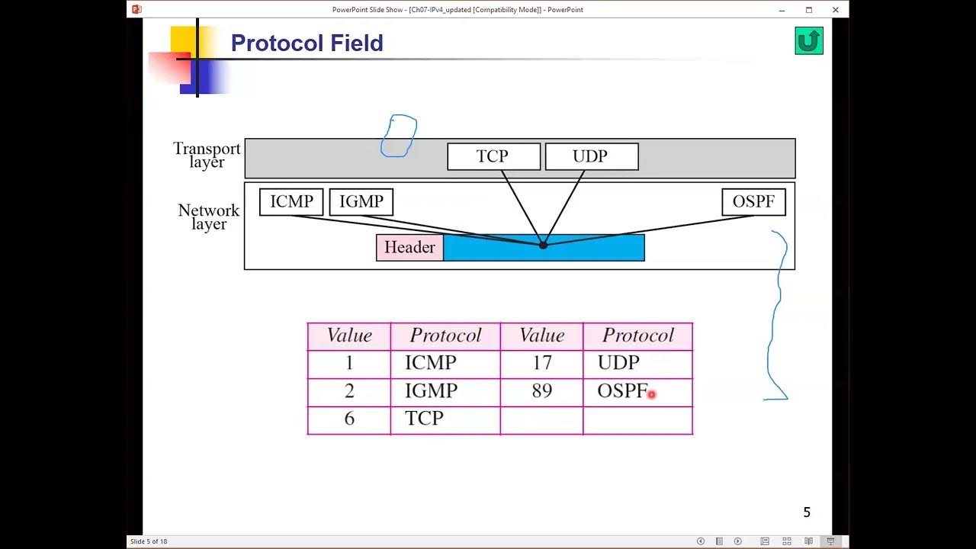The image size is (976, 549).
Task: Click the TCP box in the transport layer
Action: [493, 156]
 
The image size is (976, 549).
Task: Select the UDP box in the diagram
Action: [592, 156]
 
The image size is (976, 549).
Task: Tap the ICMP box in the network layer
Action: [291, 202]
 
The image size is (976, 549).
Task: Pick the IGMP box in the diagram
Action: [361, 202]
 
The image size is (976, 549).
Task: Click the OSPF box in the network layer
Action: [753, 202]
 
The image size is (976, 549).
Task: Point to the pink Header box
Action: [409, 248]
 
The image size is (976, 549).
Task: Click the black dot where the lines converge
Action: [543, 245]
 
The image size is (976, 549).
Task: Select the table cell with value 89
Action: [541, 392]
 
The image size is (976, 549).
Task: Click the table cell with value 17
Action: [541, 364]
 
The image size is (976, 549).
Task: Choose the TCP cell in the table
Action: [445, 419]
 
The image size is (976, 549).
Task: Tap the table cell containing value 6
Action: [349, 419]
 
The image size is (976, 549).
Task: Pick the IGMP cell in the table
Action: [445, 392]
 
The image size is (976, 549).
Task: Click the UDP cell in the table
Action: [637, 364]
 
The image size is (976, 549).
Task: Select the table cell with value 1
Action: [349, 364]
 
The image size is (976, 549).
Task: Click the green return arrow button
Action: [808, 41]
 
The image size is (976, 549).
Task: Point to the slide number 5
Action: [807, 512]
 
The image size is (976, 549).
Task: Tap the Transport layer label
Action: [207, 155]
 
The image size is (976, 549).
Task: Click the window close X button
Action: [835, 10]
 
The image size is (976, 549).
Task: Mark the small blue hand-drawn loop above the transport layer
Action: [399, 136]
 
